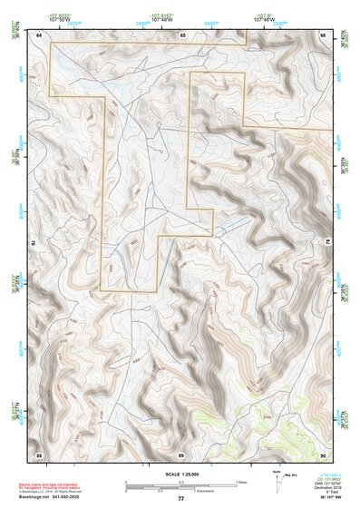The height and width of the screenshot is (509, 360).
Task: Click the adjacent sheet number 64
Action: coord(39,34)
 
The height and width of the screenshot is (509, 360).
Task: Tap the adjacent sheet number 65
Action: coord(181,34)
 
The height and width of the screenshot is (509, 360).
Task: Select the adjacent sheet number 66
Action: coord(323,34)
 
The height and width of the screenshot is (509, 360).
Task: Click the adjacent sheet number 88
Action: coord(39,454)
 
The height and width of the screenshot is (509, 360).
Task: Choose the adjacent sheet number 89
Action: coord(181,454)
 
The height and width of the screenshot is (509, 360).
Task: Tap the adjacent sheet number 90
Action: coord(323,454)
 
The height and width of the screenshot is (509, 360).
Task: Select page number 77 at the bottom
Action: coord(181,499)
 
